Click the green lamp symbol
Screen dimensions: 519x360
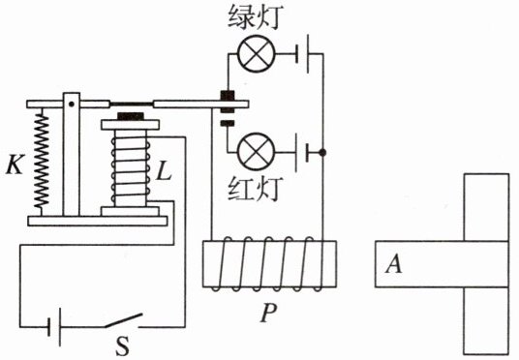click(256, 53)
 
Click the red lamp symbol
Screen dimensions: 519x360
click(257, 152)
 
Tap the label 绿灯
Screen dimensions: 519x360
click(256, 17)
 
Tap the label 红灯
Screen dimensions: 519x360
click(256, 189)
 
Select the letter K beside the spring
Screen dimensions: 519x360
click(15, 164)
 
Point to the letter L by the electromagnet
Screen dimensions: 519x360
click(165, 171)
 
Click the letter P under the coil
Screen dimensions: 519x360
click(268, 313)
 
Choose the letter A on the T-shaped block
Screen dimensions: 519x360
click(393, 264)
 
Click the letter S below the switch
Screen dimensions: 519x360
click(123, 345)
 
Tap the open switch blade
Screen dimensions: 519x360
click(124, 320)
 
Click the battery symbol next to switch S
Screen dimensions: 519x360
click(54, 327)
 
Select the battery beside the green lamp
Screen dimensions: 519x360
click(302, 53)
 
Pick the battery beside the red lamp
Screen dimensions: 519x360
click(302, 153)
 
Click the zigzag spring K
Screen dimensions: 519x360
click(42, 159)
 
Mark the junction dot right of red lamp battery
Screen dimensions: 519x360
click(323, 153)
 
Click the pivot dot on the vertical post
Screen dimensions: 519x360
click(71, 104)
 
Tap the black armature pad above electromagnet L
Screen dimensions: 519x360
click(131, 116)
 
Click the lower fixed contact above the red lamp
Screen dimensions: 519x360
click(228, 124)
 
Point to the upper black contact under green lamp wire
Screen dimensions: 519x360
click(228, 95)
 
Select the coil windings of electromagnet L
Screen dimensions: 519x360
click(130, 167)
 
